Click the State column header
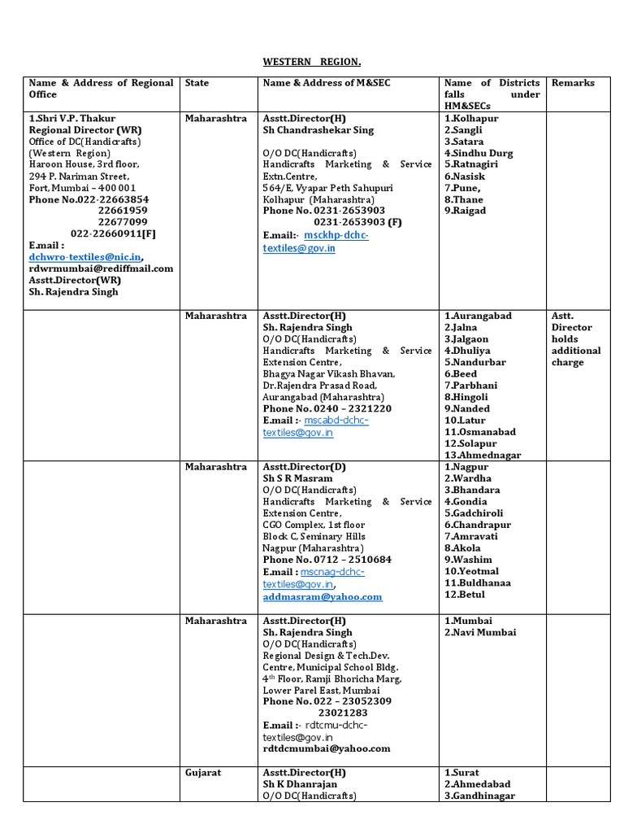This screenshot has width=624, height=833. click(x=197, y=83)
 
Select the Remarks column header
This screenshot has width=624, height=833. click(x=573, y=83)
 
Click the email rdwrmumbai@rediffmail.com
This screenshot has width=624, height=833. click(x=101, y=268)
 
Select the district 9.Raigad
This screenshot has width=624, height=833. click(x=465, y=211)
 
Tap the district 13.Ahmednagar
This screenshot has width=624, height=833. click(x=483, y=456)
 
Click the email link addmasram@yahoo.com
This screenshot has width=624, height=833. click(x=322, y=597)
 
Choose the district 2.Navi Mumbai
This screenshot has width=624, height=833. click(x=480, y=632)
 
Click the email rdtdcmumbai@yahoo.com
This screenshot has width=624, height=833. click(x=326, y=748)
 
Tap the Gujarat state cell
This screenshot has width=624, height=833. click(x=202, y=772)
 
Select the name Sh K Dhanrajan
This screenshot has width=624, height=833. click(x=300, y=784)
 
